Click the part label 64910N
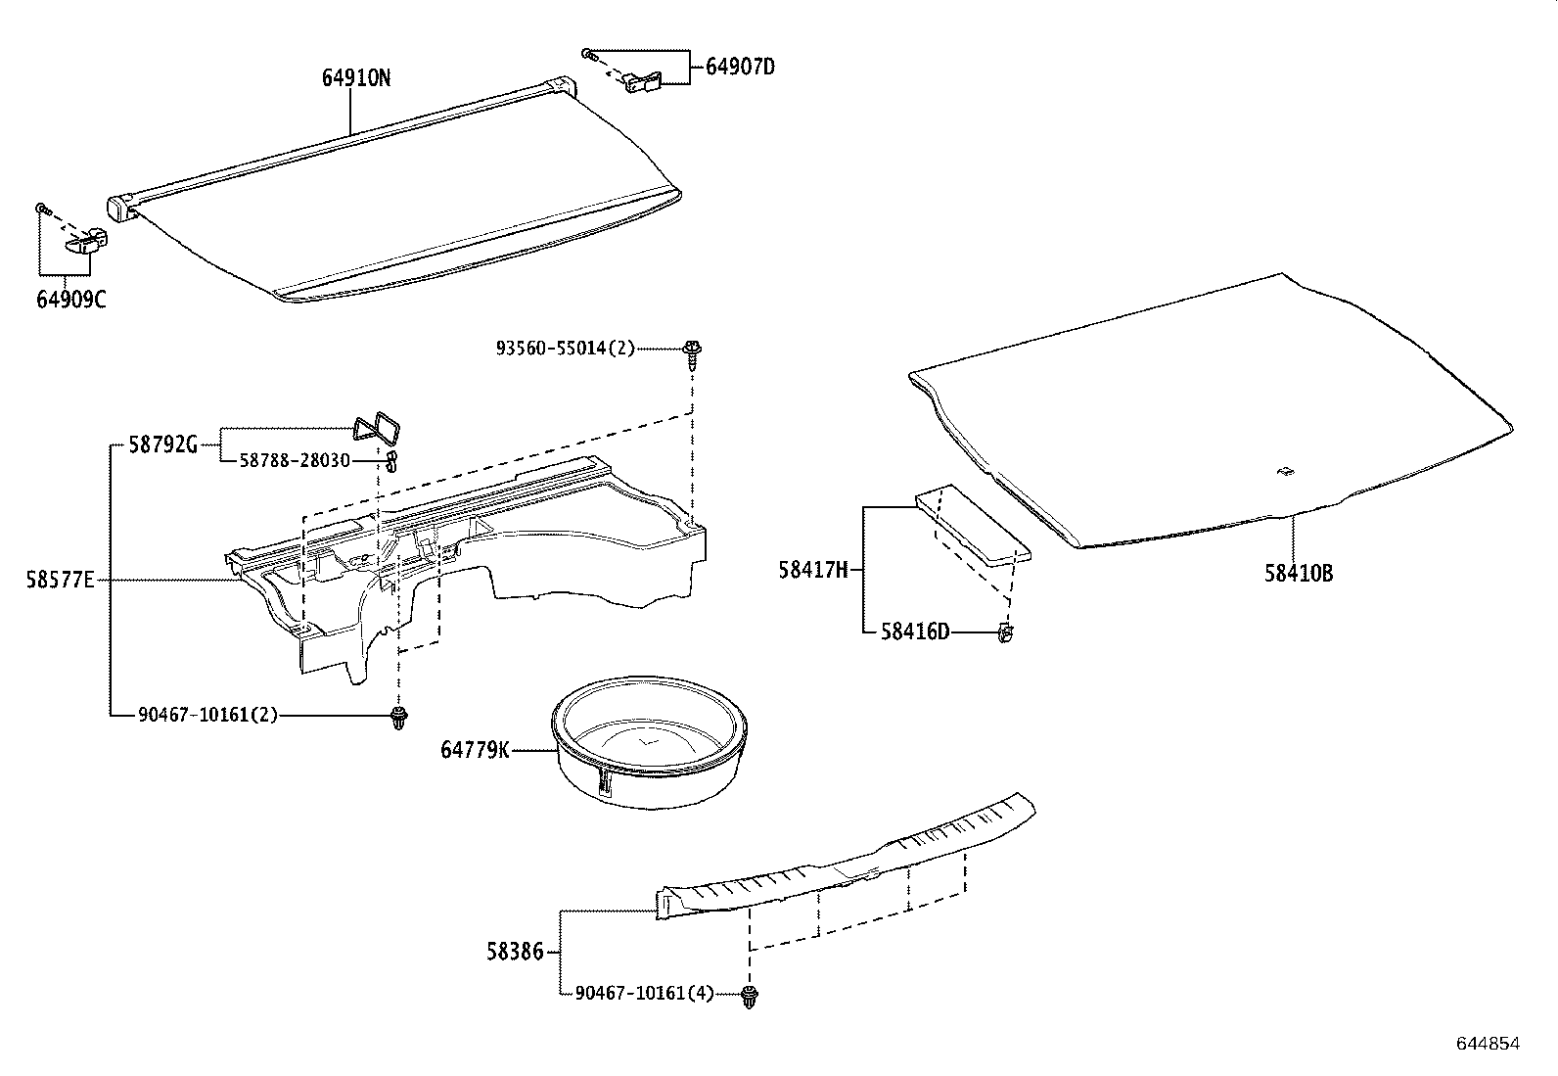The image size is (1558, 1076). coord(356,78)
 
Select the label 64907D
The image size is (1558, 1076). coord(740,67)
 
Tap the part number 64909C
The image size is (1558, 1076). coord(70,299)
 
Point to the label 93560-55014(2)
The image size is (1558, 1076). coord(565,348)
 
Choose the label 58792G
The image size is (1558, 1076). coord(163,445)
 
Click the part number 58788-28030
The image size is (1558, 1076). coord(295,460)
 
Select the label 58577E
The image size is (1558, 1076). coord(60,581)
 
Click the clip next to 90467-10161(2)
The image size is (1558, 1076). coord(398,718)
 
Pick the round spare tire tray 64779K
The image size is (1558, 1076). coord(651,744)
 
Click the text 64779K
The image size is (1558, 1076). coord(475,751)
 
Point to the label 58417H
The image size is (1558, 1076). coord(812,570)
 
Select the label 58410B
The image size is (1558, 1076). coord(1298,574)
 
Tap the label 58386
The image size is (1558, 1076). coord(515,951)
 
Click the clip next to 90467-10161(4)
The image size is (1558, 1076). coord(751,997)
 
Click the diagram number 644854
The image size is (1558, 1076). coord(1488,1044)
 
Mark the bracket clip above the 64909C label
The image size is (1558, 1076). coord(87,238)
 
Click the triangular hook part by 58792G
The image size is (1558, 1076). coord(379,428)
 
